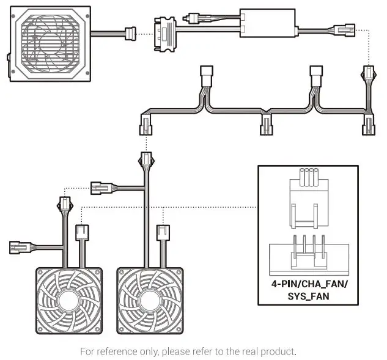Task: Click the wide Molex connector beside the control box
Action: pyautogui.click(x=164, y=31)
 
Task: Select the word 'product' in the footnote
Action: pyautogui.click(x=277, y=351)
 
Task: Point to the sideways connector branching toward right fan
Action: pyautogui.click(x=99, y=187)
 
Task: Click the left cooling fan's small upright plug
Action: pyautogui.click(x=82, y=233)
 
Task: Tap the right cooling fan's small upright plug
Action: pyautogui.click(x=163, y=233)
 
